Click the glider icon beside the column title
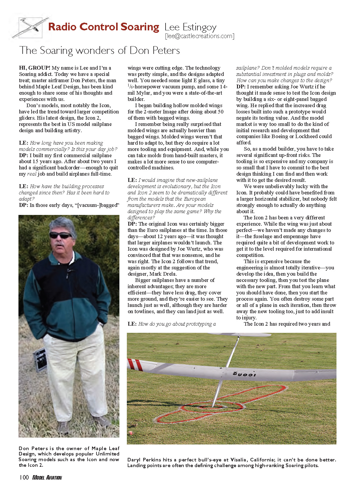(x=30, y=28)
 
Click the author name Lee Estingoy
(x=190, y=27)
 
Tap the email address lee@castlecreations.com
(x=200, y=36)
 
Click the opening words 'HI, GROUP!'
(x=35, y=68)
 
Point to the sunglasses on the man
(x=60, y=235)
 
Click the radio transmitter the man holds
(x=40, y=360)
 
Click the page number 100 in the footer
(x=24, y=477)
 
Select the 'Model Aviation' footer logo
(x=47, y=478)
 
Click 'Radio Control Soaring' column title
(x=104, y=27)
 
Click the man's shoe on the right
(x=102, y=422)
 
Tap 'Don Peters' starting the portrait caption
(x=33, y=448)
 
